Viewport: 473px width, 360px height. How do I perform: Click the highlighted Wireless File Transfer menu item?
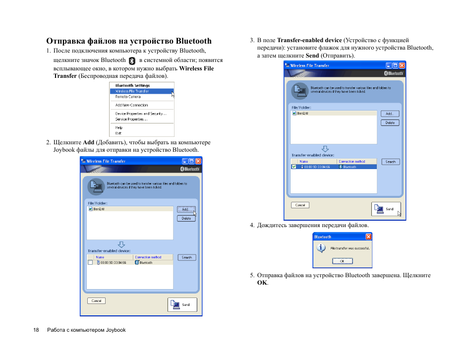pos(132,91)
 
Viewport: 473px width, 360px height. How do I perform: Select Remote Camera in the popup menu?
pos(128,97)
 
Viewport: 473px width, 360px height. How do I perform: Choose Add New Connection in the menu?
pos(131,105)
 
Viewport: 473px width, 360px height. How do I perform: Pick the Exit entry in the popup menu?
pos(118,133)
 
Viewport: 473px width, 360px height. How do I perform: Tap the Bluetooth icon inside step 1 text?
pos(132,60)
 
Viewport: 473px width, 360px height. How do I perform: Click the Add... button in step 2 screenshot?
pos(186,209)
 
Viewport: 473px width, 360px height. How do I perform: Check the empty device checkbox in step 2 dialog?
pos(90,263)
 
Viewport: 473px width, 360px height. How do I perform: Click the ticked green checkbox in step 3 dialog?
pos(294,167)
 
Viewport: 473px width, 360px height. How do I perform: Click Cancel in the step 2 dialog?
pos(96,301)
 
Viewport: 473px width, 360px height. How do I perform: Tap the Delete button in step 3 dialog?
pos(390,122)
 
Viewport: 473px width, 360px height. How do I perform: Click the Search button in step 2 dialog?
pos(186,257)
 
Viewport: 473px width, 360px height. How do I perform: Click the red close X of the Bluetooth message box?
pos(368,237)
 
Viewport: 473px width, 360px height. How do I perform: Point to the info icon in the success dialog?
pos(321,248)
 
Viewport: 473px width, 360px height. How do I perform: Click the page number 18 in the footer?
pos(36,330)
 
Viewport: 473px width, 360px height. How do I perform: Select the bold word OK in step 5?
pos(262,283)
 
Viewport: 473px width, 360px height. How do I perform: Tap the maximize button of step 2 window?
pos(191,161)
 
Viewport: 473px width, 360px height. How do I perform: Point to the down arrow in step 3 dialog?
pos(325,148)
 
